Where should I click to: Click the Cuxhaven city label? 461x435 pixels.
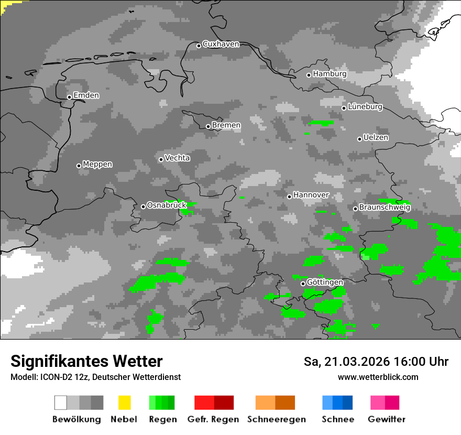click(x=221, y=44)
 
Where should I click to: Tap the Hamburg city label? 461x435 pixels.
click(x=330, y=74)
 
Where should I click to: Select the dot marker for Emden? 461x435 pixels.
click(x=69, y=97)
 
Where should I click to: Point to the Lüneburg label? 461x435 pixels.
click(x=365, y=106)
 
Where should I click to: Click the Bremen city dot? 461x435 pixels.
click(x=208, y=126)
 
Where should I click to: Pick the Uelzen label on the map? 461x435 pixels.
click(x=376, y=137)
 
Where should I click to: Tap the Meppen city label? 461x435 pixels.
click(x=97, y=164)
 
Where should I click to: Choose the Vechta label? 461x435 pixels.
click(x=177, y=158)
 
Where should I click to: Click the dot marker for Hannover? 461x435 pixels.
click(x=289, y=197)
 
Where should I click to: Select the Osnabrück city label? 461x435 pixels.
click(x=167, y=205)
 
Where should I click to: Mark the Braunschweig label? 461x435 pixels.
click(x=385, y=208)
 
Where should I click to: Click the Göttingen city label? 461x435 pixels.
click(x=325, y=282)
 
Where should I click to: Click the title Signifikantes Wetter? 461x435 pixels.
click(x=86, y=361)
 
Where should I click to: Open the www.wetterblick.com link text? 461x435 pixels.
click(x=378, y=377)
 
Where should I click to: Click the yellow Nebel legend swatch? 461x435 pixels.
click(x=124, y=403)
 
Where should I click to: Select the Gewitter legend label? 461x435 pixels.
click(x=387, y=419)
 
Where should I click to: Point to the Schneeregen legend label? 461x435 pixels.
click(x=277, y=419)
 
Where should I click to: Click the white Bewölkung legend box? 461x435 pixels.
click(x=61, y=403)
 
